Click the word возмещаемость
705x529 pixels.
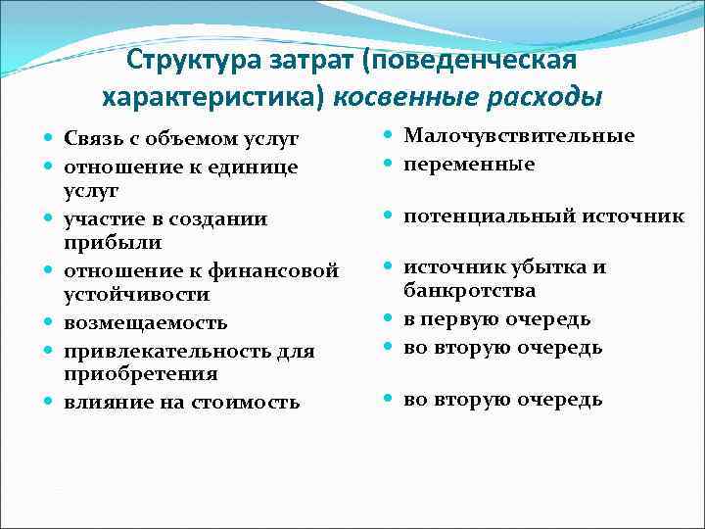146,322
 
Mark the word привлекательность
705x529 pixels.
170,351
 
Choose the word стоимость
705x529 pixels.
249,402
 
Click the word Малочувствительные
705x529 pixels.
519,136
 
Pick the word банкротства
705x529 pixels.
470,291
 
